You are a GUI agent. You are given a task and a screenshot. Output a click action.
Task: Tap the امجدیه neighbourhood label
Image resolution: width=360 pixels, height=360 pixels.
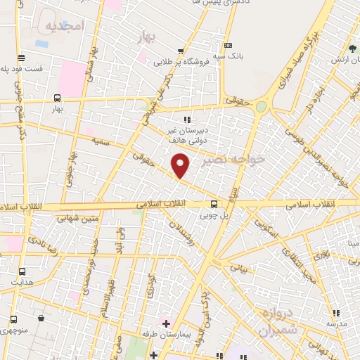tap(64, 26)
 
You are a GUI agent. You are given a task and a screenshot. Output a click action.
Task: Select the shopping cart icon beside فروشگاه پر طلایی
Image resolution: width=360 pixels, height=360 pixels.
tap(181, 51)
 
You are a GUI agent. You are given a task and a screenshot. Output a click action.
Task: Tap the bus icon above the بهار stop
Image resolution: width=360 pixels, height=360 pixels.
tap(57, 98)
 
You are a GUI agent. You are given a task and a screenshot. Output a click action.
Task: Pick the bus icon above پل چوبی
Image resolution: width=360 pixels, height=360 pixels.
tap(213, 205)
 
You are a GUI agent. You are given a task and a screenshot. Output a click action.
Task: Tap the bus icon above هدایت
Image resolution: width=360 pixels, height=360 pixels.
tap(22, 271)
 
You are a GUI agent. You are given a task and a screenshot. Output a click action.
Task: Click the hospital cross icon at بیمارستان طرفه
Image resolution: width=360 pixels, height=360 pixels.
tap(166, 324)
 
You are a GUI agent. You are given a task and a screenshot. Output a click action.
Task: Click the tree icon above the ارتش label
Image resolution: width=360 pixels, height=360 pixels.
tap(352, 49)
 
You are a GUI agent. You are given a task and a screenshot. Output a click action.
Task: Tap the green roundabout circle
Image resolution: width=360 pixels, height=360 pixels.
tap(262, 107)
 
